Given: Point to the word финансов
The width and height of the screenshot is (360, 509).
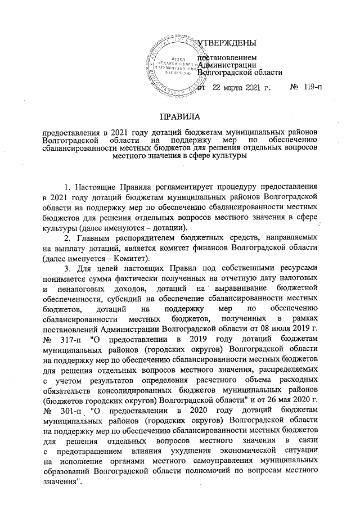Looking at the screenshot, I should click(x=244, y=249).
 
